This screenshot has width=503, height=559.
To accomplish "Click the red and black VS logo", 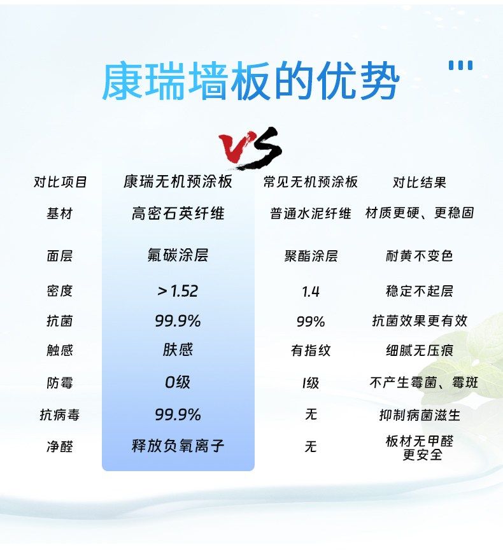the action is coord(251,148).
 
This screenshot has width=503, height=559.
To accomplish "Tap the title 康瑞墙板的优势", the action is coord(251,81).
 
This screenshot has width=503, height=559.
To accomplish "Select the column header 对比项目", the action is coord(60,182).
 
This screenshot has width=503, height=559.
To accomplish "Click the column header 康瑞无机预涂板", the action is coord(178,181).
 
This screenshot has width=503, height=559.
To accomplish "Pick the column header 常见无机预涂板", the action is coord(311,182).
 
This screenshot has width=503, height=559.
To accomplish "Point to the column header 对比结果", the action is coord(419,182).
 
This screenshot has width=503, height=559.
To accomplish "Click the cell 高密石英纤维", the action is coord(178,213).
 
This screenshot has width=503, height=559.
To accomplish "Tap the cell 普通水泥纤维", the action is coord(311,213).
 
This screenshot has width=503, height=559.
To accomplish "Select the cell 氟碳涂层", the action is coord(178,255).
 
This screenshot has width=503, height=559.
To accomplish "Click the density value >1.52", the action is coord(178,291).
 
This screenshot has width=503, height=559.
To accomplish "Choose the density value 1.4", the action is coord(311,292).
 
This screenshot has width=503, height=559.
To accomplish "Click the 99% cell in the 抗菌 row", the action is coord(311,322).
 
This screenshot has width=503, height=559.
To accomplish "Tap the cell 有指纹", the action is coord(311,351).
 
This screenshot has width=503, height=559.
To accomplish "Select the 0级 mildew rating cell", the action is coord(178,382).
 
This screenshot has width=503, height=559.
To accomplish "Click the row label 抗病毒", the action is coord(60,415).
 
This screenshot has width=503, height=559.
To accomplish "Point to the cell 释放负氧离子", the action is coord(178,446).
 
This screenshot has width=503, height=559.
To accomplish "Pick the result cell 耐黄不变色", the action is coord(419,255).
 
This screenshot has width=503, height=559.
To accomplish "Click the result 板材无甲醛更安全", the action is coord(420,448).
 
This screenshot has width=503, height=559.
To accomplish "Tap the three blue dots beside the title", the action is coord(460,65).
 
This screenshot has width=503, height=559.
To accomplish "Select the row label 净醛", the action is coord(60,446).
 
